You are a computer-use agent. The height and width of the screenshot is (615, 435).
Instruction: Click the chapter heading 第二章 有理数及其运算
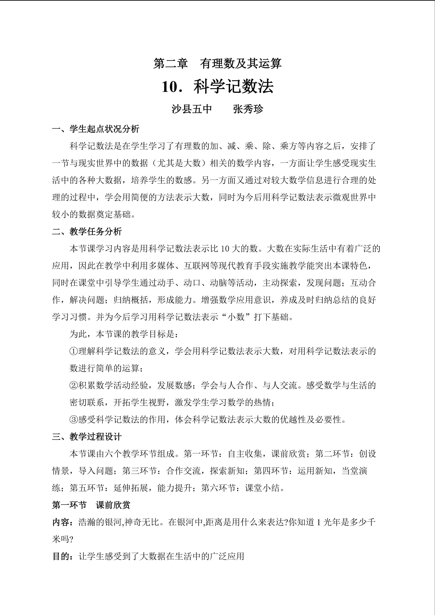pos(217,64)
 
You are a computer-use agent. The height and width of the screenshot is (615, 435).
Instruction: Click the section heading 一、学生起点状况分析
pos(96,129)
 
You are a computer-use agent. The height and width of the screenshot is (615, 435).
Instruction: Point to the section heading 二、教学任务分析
pos(87,231)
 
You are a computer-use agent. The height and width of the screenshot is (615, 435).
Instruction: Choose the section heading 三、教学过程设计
pos(87,437)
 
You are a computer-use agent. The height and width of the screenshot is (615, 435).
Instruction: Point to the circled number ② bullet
pos(74,385)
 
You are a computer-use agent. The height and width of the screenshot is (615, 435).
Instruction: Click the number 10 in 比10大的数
pos(225,249)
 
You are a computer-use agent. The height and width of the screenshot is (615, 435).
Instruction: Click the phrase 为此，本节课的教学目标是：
pos(123,334)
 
